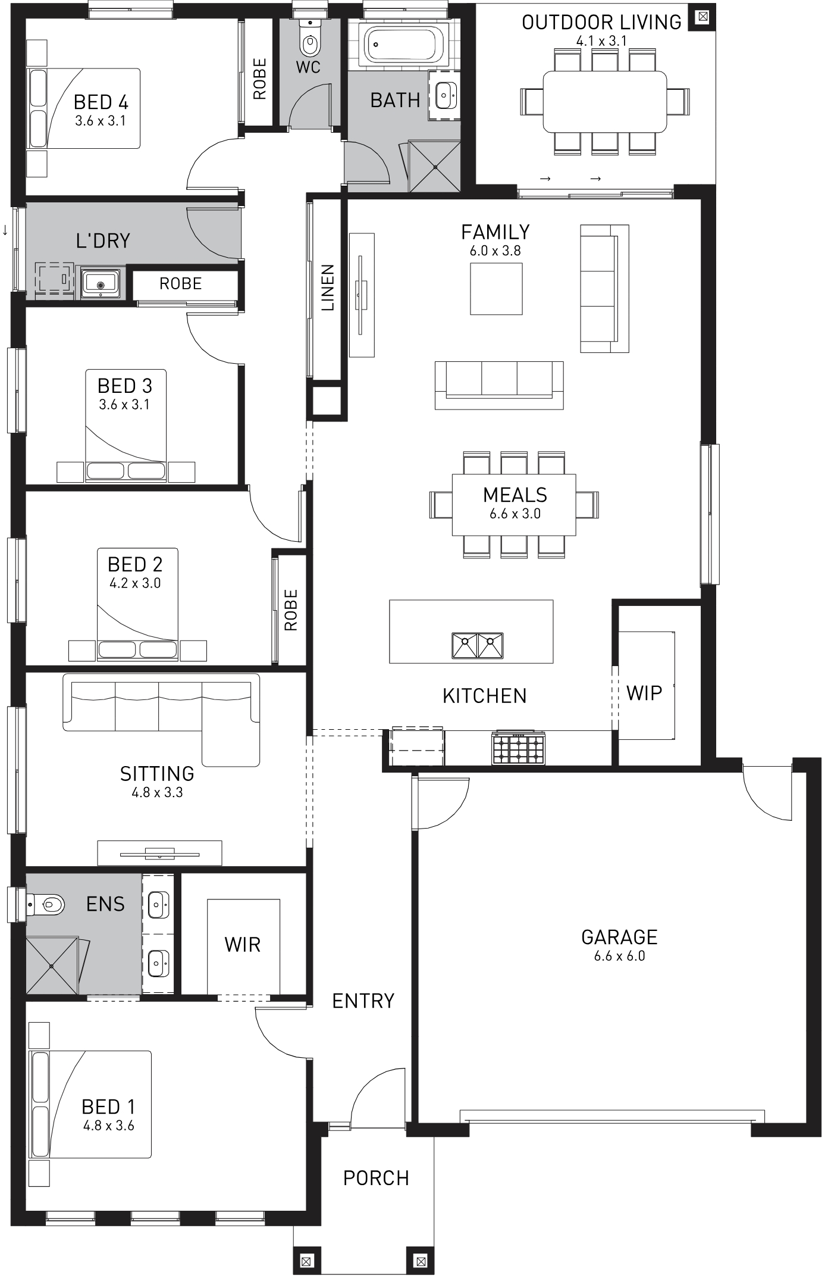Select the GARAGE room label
pyautogui.click(x=619, y=938)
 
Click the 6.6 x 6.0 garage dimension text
pyautogui.click(x=619, y=956)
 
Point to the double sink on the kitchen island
pyautogui.click(x=477, y=645)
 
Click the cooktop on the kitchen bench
pyautogui.click(x=518, y=747)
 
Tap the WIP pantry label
pyautogui.click(x=644, y=693)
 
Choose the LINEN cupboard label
pyautogui.click(x=328, y=288)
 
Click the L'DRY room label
pyautogui.click(x=103, y=240)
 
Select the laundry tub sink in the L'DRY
pyautogui.click(x=101, y=282)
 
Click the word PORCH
pyautogui.click(x=376, y=1177)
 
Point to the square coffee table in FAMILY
pyautogui.click(x=496, y=289)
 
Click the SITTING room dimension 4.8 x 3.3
pyautogui.click(x=157, y=792)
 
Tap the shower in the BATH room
pyautogui.click(x=435, y=166)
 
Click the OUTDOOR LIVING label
pyautogui.click(x=601, y=22)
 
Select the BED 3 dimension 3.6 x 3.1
pyautogui.click(x=124, y=404)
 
